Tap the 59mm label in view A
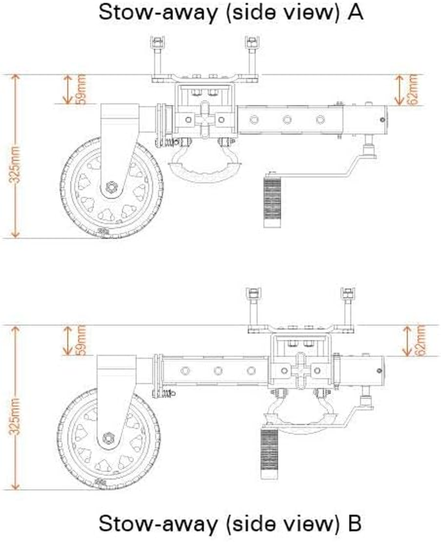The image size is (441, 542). click(82, 89)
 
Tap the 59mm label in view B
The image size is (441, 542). click(82, 340)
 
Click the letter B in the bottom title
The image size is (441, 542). click(354, 523)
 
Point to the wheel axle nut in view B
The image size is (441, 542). click(109, 439)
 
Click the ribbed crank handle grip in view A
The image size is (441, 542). click(272, 201)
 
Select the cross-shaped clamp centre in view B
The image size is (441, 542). click(303, 370)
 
